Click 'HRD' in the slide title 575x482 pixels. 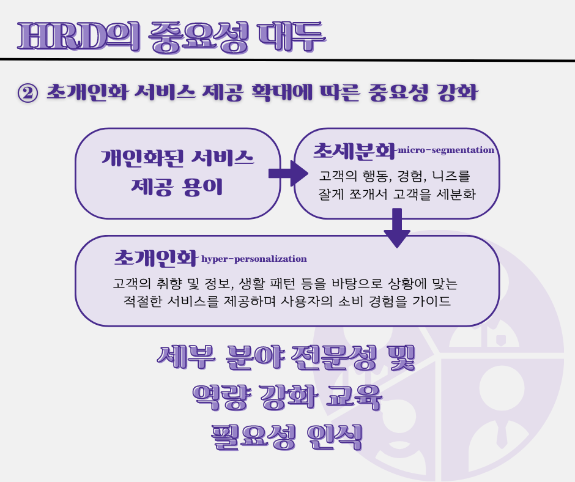62,36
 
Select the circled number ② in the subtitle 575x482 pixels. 28,93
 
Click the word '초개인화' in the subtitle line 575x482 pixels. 87,92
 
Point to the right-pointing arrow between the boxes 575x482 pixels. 288,174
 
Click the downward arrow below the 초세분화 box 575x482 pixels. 397,228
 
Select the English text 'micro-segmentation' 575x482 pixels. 446,150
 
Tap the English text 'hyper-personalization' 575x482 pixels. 254,259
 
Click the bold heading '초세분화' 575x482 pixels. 355,150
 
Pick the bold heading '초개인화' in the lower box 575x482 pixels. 156,258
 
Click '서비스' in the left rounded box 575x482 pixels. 223,158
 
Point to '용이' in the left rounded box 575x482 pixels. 202,187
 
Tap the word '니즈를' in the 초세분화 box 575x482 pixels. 451,176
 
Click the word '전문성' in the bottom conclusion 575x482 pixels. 334,358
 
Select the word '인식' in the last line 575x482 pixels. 335,437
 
